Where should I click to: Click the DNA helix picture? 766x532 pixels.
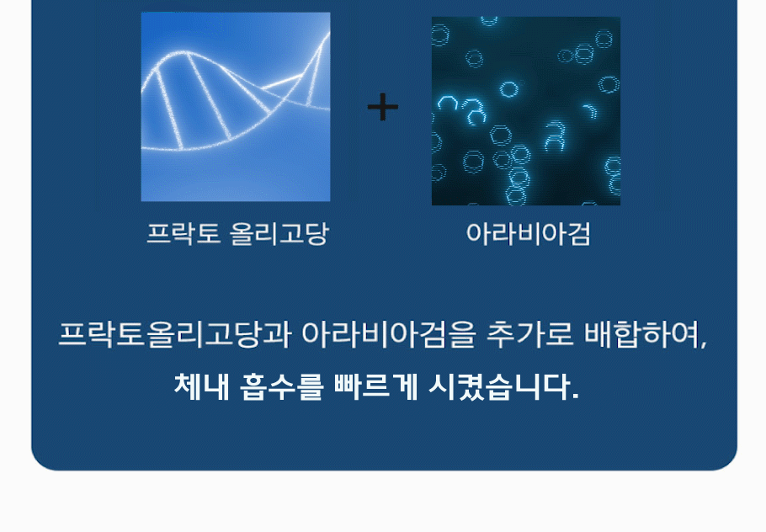click(x=236, y=107)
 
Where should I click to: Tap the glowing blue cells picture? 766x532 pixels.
click(x=526, y=111)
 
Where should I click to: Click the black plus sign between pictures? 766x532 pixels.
click(x=382, y=107)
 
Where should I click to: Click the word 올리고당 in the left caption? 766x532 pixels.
click(x=279, y=233)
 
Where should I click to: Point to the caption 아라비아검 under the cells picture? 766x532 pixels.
click(x=528, y=233)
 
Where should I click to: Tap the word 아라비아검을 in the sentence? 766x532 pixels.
click(x=388, y=335)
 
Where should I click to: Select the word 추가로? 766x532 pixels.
click(x=529, y=335)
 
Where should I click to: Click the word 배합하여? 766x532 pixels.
click(x=641, y=335)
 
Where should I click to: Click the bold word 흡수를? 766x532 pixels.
click(x=281, y=387)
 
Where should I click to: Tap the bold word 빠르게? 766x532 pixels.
click(x=376, y=387)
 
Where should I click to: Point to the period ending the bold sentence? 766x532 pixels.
click(x=575, y=396)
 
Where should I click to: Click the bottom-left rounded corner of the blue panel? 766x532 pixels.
click(x=39, y=463)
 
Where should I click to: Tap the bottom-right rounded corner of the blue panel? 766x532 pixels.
click(x=729, y=463)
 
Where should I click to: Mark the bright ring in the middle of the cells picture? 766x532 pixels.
click(x=509, y=89)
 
